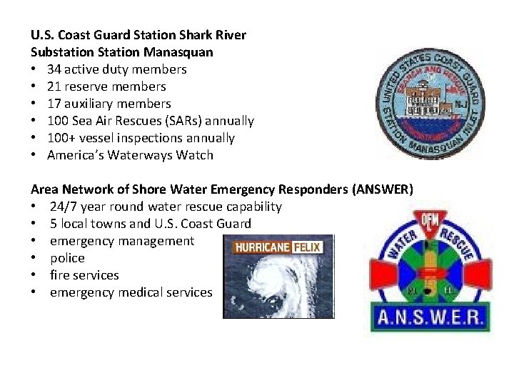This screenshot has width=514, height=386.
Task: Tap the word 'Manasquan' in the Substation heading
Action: [180, 52]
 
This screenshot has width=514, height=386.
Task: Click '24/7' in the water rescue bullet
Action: [64, 207]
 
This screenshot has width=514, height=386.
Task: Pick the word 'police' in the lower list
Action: [67, 258]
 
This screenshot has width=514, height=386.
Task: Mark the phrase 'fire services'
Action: [84, 275]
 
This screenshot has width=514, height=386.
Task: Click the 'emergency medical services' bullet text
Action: [131, 292]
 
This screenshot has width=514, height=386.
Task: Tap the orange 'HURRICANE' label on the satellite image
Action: [261, 247]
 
